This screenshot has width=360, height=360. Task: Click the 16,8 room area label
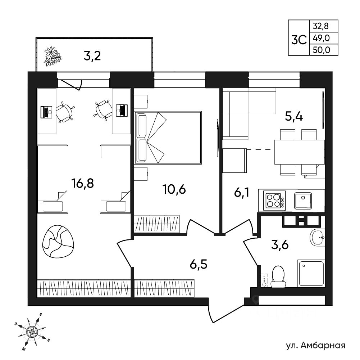tap(83, 184)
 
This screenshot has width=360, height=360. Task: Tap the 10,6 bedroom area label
tap(174, 190)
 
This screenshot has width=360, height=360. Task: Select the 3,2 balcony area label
tap(92, 56)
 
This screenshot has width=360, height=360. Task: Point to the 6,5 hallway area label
tap(199, 264)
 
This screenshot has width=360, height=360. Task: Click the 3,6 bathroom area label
tap(280, 245)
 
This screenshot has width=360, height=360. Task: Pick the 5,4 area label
tap(294, 117)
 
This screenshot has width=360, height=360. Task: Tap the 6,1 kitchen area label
tap(242, 193)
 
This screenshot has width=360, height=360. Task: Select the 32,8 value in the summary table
tap(321, 26)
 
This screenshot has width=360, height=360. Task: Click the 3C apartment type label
tap(299, 40)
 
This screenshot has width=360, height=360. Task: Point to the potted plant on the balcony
tap(53, 56)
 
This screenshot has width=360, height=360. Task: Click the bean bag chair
tap(58, 241)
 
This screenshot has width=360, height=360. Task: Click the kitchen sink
tap(303, 201)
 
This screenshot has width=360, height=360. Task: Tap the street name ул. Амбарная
tap(316, 345)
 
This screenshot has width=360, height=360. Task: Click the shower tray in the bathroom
tap(311, 273)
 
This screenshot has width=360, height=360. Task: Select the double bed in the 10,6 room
tap(168, 138)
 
